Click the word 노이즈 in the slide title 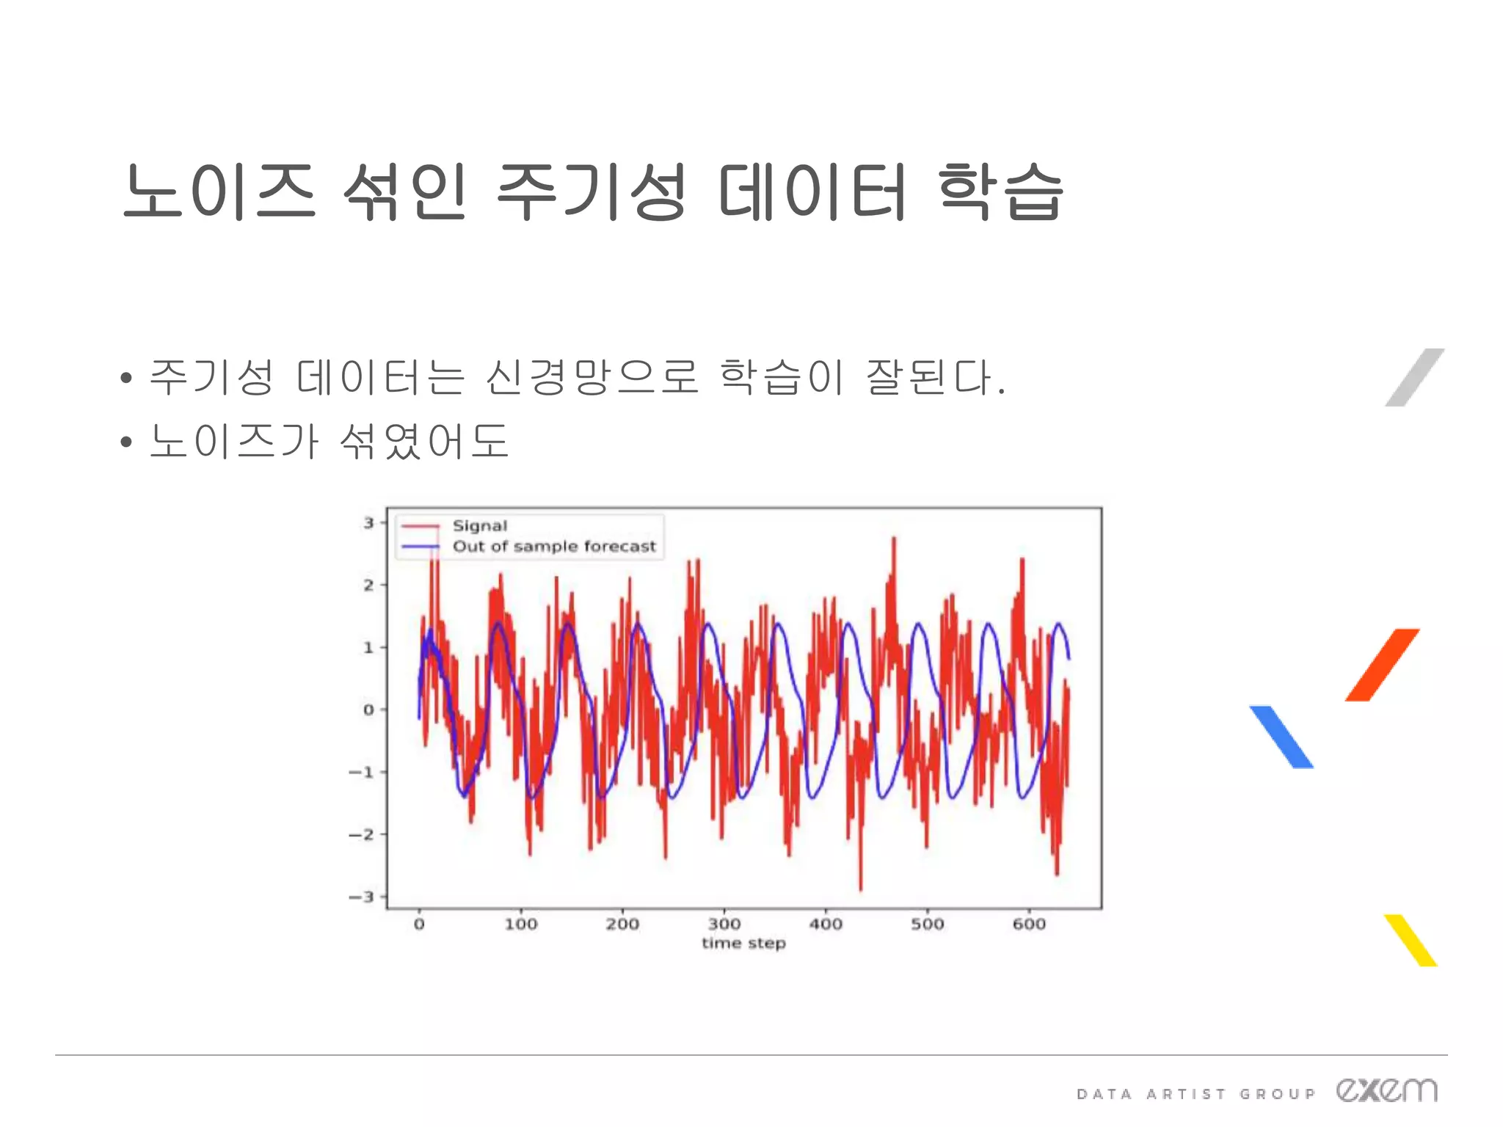[219, 192]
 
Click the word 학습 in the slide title [1000, 192]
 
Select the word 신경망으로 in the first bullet [592, 377]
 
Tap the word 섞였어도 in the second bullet [424, 441]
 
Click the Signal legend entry [479, 526]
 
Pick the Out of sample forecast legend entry [553, 547]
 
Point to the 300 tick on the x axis [724, 924]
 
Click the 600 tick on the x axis [1029, 924]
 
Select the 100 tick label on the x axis [521, 924]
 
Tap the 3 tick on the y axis [369, 523]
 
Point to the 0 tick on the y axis [368, 710]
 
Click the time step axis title [743, 944]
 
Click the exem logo [1386, 1090]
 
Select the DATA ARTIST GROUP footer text [1196, 1094]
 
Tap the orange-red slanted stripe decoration [1382, 665]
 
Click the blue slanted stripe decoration [1281, 737]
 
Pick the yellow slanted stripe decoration [1411, 940]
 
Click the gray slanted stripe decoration [1414, 377]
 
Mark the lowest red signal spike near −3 [860, 887]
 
